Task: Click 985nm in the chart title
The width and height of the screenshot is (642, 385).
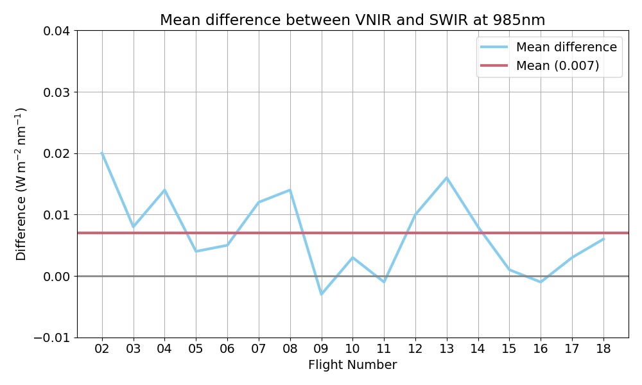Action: tap(515, 21)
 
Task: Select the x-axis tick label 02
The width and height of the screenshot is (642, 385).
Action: tap(102, 350)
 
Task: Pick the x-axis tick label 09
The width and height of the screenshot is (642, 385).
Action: tap(321, 350)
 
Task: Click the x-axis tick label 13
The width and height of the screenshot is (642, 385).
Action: tap(446, 350)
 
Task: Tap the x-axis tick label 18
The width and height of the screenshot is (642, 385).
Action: tap(603, 350)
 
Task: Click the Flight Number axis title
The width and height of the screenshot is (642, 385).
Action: tap(352, 365)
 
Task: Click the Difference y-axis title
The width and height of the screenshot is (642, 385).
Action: tap(21, 184)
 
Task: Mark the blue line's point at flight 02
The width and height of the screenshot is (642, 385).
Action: tap(102, 153)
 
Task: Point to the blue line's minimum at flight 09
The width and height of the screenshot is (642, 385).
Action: tap(321, 294)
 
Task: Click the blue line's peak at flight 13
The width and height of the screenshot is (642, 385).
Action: tap(446, 178)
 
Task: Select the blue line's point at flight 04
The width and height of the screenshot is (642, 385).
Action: tap(164, 190)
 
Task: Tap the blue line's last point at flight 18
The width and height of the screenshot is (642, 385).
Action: tap(603, 239)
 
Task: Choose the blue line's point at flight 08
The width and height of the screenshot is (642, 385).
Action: tap(290, 190)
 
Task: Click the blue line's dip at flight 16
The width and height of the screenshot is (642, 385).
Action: tap(541, 282)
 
